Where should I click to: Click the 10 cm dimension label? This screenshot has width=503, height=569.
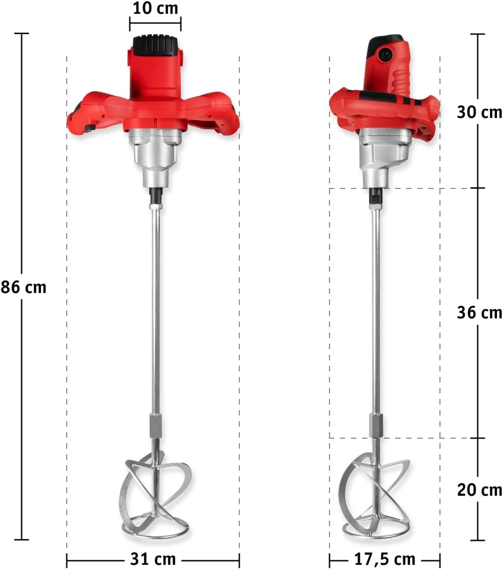point(155,8)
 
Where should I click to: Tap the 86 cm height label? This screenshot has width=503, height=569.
point(24,287)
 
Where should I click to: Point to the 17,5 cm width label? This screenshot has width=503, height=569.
point(385,551)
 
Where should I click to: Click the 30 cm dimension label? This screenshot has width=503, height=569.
point(479,112)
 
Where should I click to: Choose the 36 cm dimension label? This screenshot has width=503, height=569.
point(479,312)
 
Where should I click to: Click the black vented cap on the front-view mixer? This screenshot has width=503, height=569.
point(155,46)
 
